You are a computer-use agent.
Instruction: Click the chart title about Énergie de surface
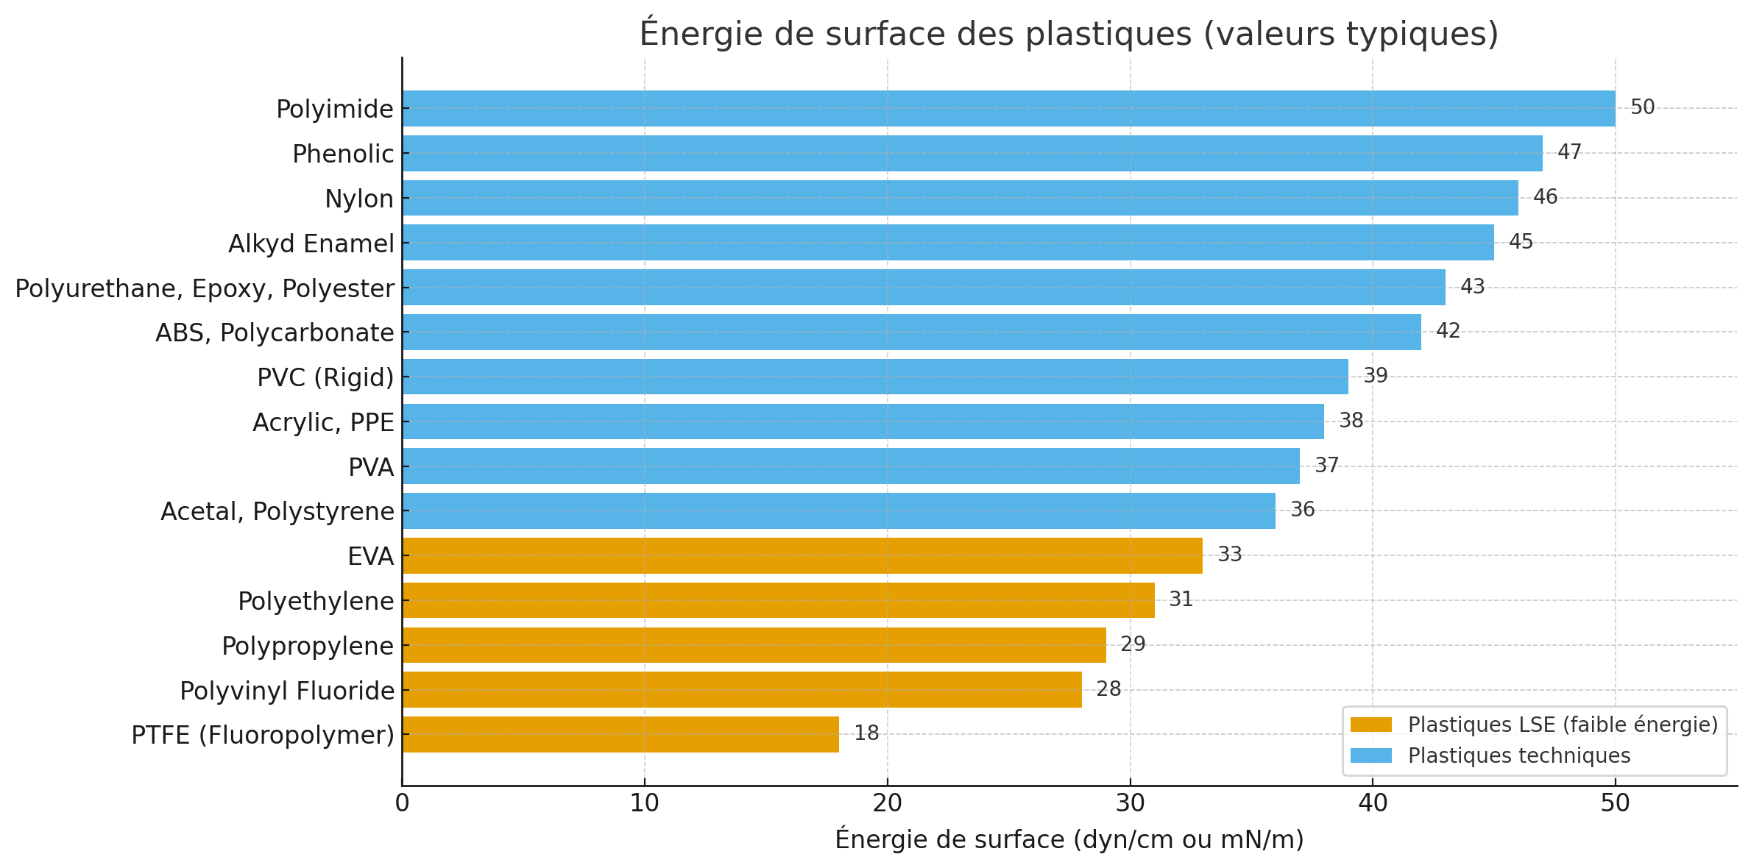pos(1069,34)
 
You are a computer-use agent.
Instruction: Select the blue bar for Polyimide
pos(1009,108)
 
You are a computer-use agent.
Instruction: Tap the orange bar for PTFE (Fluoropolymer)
pos(620,734)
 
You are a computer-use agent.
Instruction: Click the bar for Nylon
pos(961,198)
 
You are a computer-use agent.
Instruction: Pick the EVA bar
pos(802,555)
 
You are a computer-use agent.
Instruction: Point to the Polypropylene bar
pos(754,645)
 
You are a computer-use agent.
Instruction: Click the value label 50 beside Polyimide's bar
pos(1643,107)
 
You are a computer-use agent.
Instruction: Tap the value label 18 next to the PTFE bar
pos(866,733)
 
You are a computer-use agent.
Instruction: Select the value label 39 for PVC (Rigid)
pos(1376,376)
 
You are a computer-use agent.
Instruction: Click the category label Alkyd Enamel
pos(311,243)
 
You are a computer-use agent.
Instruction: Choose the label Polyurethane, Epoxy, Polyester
pos(205,288)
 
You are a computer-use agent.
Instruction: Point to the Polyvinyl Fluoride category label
pos(287,691)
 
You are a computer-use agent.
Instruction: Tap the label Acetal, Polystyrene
pos(277,511)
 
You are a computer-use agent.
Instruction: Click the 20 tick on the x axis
pos(888,803)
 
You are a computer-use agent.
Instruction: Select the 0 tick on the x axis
pos(402,803)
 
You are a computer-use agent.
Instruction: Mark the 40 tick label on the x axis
pos(1373,803)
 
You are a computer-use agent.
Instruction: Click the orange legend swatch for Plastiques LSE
pos(1371,725)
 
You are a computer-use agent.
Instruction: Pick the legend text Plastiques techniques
pos(1519,756)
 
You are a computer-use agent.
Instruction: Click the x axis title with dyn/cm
pos(1069,839)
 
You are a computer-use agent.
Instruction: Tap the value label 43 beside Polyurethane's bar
pos(1473,286)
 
